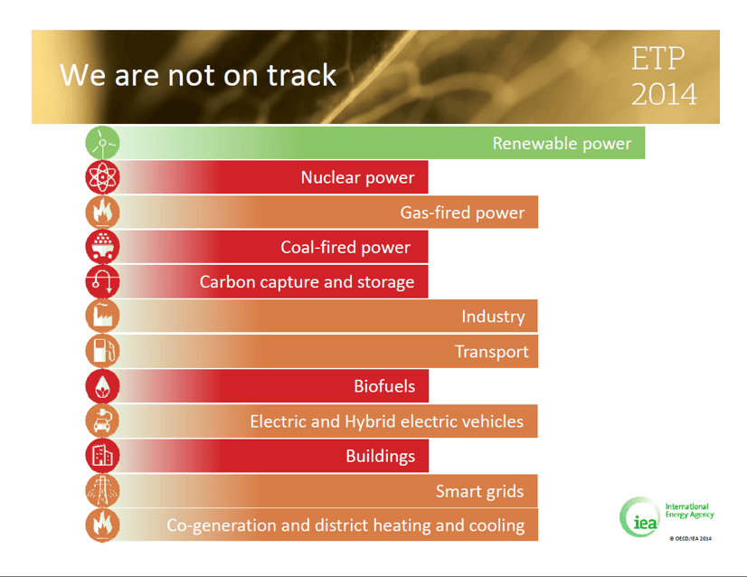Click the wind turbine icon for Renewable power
(x=102, y=143)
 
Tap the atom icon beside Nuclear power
(x=102, y=177)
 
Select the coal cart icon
(x=102, y=247)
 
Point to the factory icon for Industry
(x=102, y=316)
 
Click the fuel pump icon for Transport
(x=102, y=351)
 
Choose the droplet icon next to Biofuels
(x=102, y=386)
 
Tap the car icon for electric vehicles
(x=102, y=421)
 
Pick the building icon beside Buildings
(x=102, y=456)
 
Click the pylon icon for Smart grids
(x=102, y=490)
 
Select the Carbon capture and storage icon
(x=102, y=281)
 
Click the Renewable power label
(x=562, y=144)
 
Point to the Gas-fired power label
(x=462, y=213)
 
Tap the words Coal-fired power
(x=345, y=247)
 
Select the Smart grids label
(x=479, y=491)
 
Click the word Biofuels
(x=384, y=386)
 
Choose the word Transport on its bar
(x=492, y=352)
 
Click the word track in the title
(x=301, y=75)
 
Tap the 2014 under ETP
(x=664, y=94)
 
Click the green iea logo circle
(x=639, y=517)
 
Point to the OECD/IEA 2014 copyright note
(x=690, y=538)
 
